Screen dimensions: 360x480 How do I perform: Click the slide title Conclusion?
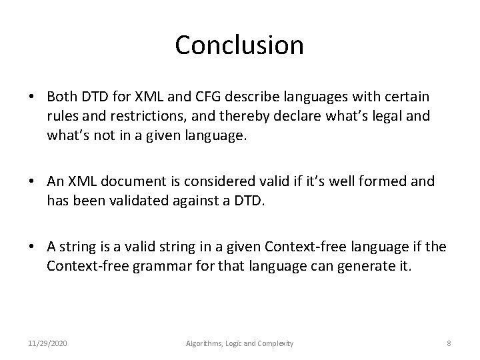tap(239, 45)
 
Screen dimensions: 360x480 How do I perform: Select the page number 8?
tap(449, 343)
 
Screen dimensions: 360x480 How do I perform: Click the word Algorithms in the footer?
tap(206, 343)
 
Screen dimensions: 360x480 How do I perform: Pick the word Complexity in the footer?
tap(275, 343)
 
